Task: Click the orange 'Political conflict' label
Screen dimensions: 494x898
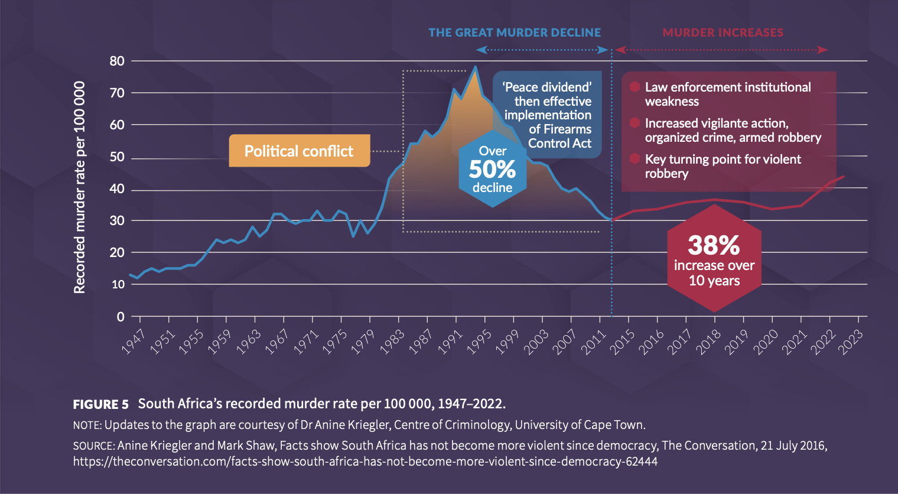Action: click(299, 151)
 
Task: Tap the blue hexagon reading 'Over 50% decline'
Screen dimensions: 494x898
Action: click(492, 170)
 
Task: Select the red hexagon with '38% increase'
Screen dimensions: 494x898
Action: click(714, 258)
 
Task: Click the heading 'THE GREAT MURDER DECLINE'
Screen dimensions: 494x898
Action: click(515, 32)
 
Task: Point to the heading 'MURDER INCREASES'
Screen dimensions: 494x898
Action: click(723, 32)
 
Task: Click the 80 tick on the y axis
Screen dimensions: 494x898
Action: click(117, 61)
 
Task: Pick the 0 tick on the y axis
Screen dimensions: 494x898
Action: click(121, 317)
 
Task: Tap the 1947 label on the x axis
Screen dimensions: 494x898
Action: click(134, 342)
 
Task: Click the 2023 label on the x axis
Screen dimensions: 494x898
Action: click(852, 342)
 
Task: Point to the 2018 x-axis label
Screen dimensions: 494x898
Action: click(708, 342)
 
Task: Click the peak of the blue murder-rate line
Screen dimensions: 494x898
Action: click(475, 67)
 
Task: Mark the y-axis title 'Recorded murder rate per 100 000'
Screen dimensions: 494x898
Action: click(79, 187)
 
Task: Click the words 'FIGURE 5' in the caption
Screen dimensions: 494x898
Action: click(100, 405)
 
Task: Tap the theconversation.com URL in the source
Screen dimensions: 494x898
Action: click(365, 461)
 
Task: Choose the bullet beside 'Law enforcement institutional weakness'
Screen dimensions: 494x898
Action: click(635, 87)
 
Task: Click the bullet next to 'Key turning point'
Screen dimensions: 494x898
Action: click(635, 159)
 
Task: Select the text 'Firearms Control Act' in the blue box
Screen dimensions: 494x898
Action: click(559, 136)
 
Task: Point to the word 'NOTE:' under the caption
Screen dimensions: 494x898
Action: click(87, 425)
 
